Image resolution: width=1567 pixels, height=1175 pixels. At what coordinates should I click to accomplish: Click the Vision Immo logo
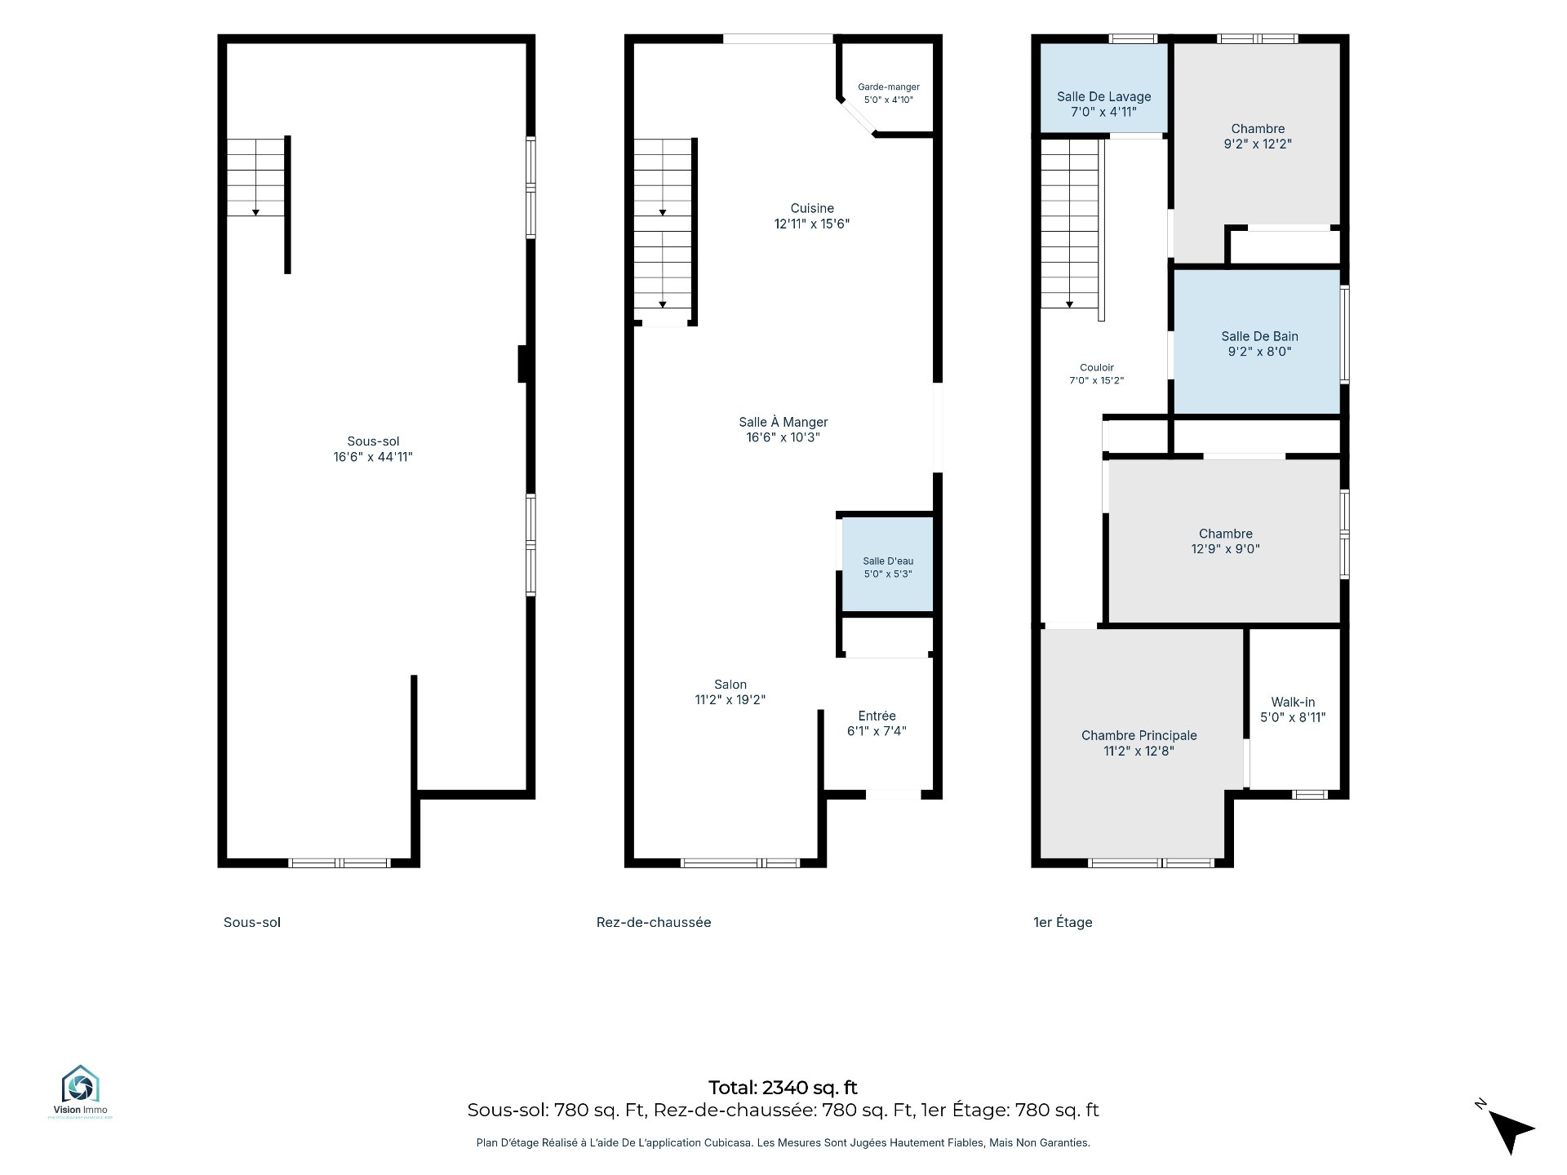[x=80, y=1091]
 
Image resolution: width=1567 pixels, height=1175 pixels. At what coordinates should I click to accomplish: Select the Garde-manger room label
[x=888, y=87]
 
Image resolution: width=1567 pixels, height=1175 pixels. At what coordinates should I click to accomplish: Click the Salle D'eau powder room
[x=888, y=564]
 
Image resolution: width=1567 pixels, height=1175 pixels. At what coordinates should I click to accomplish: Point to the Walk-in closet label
[x=1293, y=703]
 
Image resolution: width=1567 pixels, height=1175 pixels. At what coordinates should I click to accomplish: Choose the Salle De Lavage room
[x=1103, y=87]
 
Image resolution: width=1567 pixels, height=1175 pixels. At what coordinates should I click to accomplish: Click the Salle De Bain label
[x=1259, y=336]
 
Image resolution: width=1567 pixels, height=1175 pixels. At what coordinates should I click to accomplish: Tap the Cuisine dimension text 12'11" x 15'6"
[x=812, y=224]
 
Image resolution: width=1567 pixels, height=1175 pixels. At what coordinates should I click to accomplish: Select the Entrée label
[x=877, y=716]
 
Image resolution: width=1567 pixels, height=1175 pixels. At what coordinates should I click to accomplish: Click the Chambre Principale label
[x=1139, y=735]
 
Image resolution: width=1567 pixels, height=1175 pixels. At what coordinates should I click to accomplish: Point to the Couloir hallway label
[x=1096, y=368]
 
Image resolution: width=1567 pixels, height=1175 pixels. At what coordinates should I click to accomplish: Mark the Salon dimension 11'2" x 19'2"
[x=730, y=699]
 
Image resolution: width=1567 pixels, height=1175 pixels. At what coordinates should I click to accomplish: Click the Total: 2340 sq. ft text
[x=783, y=1088]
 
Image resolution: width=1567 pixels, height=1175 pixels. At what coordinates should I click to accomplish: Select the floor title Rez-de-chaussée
[x=654, y=922]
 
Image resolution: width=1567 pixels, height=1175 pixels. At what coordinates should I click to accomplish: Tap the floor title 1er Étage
[x=1063, y=922]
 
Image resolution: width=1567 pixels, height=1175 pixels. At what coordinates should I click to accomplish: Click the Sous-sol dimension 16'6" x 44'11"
[x=373, y=457]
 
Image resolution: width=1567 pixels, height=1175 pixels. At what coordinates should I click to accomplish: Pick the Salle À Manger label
[x=783, y=422]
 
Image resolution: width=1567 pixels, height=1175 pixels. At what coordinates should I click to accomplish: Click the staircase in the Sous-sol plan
[x=255, y=177]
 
